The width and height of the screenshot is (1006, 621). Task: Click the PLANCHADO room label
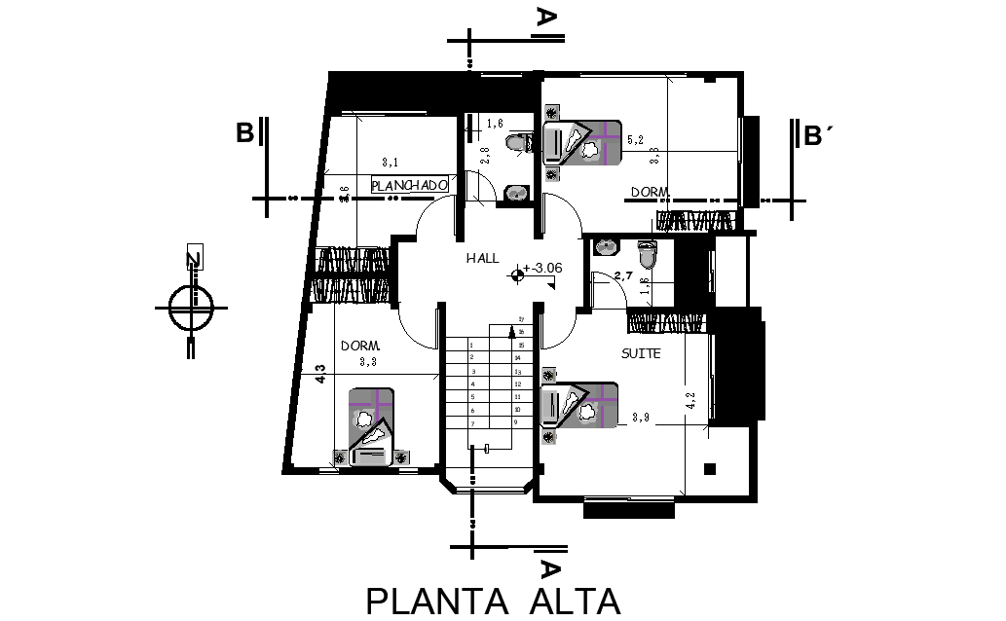pyautogui.click(x=409, y=183)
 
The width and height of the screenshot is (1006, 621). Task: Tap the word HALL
pyautogui.click(x=482, y=258)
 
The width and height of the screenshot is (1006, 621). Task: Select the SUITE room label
pyautogui.click(x=641, y=353)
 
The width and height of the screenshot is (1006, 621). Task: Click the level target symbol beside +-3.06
pyautogui.click(x=516, y=276)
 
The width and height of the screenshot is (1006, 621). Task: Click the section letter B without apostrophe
pyautogui.click(x=245, y=132)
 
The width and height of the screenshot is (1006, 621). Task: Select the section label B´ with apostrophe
pyautogui.click(x=819, y=135)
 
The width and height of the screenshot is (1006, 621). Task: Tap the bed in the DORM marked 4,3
pyautogui.click(x=371, y=428)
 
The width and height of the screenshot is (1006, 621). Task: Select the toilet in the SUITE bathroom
pyautogui.click(x=650, y=255)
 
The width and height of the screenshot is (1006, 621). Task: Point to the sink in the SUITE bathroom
pyautogui.click(x=607, y=245)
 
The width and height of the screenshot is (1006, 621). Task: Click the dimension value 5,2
pyautogui.click(x=636, y=140)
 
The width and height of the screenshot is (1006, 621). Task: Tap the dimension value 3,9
pyautogui.click(x=641, y=418)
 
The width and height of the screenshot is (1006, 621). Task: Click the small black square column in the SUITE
pyautogui.click(x=711, y=468)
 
